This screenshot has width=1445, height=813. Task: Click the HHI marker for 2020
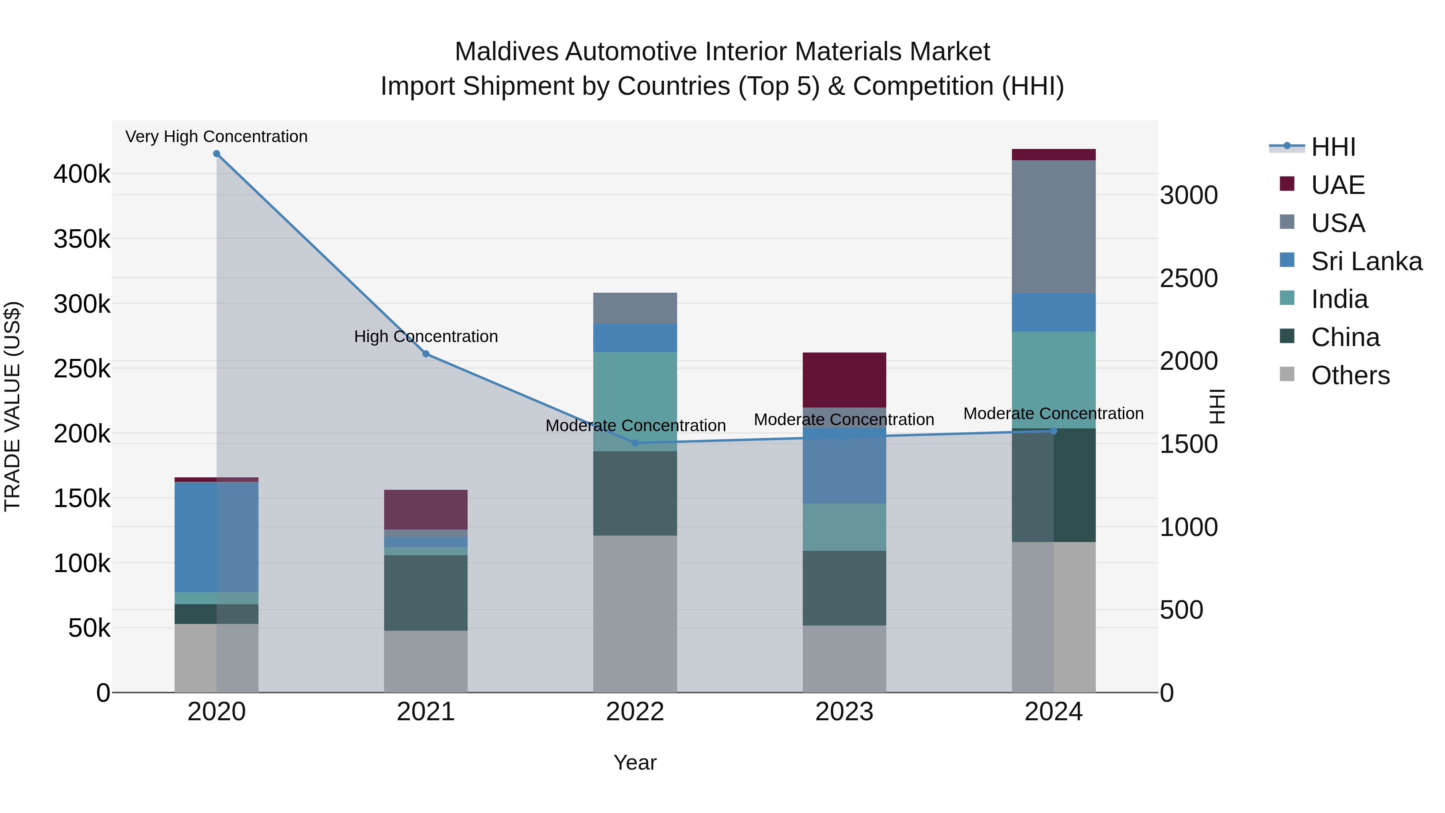point(216,154)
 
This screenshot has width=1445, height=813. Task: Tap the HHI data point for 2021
point(426,354)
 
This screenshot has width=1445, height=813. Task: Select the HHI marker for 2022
point(635,443)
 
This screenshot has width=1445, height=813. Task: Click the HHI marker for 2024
point(1054,431)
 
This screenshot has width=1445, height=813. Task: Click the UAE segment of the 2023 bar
point(844,380)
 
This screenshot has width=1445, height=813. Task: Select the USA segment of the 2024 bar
point(1054,227)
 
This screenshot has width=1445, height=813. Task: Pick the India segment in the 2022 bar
point(635,401)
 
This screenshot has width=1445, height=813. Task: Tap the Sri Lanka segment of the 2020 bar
point(216,537)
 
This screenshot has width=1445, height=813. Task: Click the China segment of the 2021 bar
point(426,593)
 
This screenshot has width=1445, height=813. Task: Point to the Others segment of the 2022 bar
point(635,614)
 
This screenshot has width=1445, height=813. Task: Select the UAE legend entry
point(1337,185)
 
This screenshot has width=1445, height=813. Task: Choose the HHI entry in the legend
point(1333,147)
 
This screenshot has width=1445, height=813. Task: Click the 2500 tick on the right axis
point(1189,278)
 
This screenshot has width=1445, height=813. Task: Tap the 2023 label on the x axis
point(844,712)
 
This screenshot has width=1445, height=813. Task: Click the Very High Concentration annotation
point(216,137)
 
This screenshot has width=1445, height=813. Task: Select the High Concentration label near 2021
point(426,337)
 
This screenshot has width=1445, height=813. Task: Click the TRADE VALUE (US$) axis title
point(12,406)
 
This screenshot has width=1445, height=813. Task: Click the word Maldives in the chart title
point(506,52)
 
